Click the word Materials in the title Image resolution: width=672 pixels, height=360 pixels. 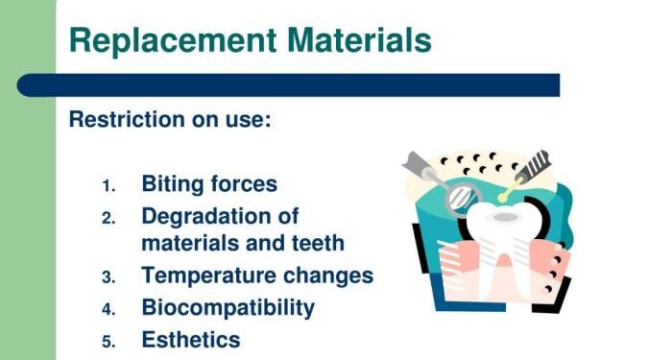pos(356,40)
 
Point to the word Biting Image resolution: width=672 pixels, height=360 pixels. pos(174,184)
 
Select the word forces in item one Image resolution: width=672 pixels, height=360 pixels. pos(244,183)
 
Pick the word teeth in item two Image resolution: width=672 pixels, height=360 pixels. pos(316,243)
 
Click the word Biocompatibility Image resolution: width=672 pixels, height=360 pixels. pos(228,307)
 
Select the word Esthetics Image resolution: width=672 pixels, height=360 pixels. pos(191,339)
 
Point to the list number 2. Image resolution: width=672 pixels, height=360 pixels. pos(108,217)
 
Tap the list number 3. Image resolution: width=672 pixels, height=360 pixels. pos(108,277)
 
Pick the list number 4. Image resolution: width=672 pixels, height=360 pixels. pos(108,309)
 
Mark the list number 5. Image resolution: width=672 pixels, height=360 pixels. pos(108,341)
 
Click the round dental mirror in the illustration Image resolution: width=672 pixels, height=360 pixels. pos(463,195)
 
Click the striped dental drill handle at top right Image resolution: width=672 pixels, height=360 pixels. pos(534,164)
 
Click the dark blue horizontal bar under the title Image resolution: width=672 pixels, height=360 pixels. pos(288,84)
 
